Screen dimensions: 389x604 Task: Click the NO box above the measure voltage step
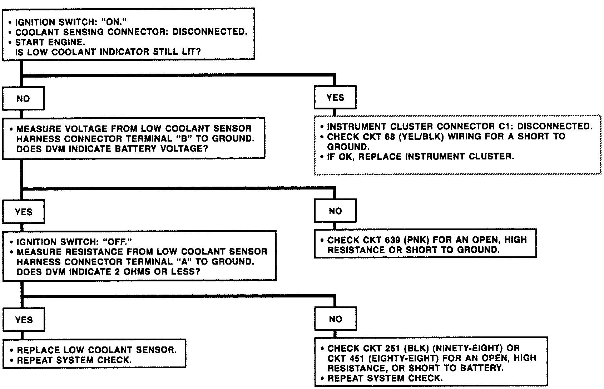(x=23, y=99)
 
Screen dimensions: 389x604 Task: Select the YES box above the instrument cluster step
(x=335, y=98)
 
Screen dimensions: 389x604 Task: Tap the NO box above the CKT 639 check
(x=335, y=211)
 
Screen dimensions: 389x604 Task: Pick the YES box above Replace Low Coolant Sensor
(x=24, y=320)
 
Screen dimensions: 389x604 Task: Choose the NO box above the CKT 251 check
(x=335, y=319)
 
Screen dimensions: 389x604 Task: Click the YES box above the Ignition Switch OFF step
(x=24, y=212)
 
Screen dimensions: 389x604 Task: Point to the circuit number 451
(x=368, y=358)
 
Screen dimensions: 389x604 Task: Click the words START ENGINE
(x=50, y=42)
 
